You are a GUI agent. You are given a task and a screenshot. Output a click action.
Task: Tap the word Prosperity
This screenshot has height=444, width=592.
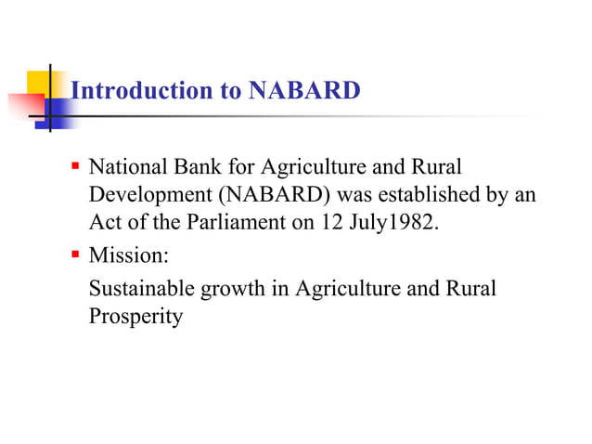coord(135,317)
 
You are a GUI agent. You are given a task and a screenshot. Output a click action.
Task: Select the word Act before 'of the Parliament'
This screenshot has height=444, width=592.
coord(104,225)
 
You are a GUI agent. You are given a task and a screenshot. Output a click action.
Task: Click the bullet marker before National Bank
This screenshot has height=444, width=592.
coord(75,169)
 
